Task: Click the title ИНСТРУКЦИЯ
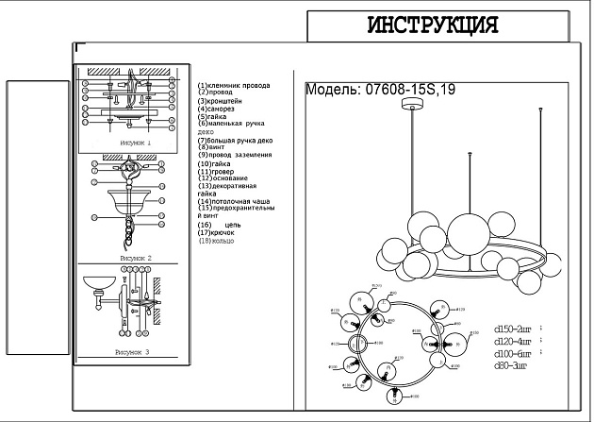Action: coord(432,25)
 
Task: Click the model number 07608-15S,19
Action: coord(382,91)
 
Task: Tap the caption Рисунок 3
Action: coord(133,351)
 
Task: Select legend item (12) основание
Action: coord(223,178)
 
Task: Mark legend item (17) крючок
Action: coord(218,233)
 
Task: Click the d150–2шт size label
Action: coord(515,330)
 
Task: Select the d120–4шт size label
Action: coord(515,342)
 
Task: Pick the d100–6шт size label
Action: coord(515,353)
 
